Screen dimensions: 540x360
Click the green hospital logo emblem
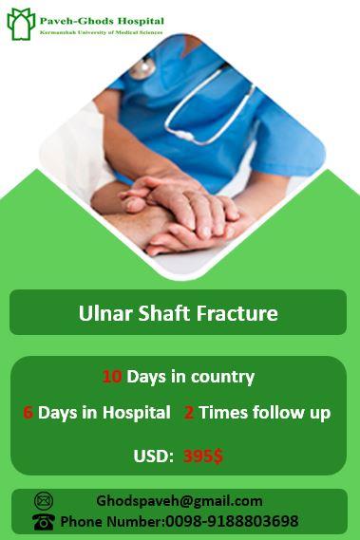21,23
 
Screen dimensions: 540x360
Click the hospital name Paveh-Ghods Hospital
102,20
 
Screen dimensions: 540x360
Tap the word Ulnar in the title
102,313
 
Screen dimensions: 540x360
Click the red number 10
112,377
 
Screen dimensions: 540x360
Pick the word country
222,377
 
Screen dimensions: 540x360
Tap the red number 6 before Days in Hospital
28,413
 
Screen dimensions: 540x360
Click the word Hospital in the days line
138,413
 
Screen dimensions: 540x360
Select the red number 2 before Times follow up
189,413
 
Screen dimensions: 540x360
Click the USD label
152,456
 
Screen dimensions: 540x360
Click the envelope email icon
44,501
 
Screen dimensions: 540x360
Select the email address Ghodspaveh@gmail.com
179,501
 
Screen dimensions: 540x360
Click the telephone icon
44,521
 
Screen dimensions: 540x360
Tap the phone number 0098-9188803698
232,521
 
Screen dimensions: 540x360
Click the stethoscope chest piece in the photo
142,68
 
